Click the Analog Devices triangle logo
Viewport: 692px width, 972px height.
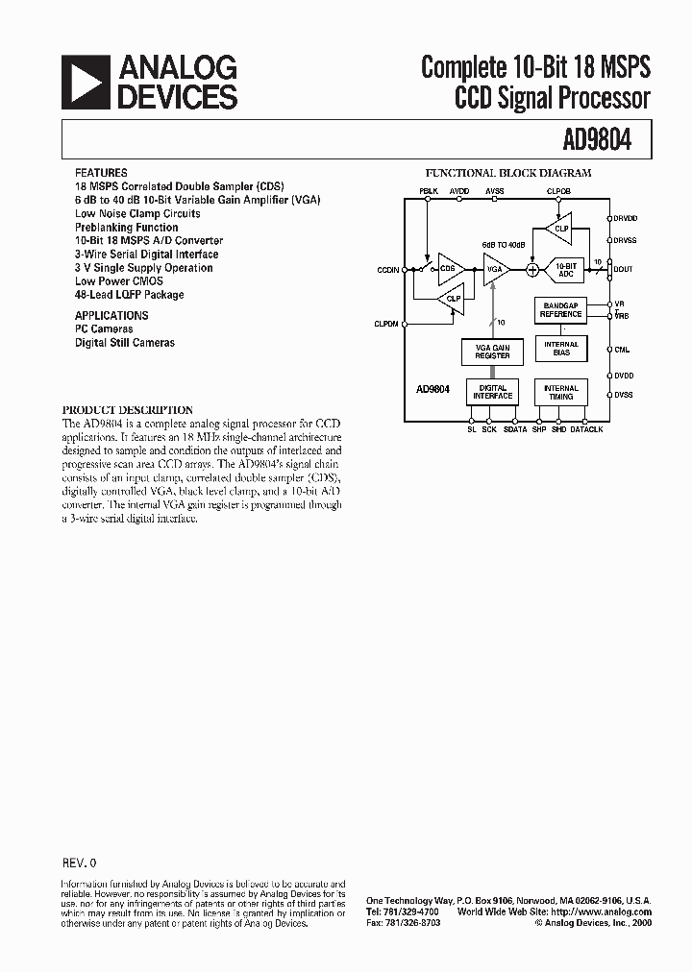86,81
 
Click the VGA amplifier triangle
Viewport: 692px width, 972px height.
495,269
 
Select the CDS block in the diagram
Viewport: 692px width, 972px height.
449,269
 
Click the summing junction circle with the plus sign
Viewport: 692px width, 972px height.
531,270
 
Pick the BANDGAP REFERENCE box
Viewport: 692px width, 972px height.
561,310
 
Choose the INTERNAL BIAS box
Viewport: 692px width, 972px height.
561,348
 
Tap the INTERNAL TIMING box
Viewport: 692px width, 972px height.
561,392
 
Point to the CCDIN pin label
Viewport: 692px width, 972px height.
388,270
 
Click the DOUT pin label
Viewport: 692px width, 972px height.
624,270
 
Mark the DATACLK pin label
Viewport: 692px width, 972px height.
586,429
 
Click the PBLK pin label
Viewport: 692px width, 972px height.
428,191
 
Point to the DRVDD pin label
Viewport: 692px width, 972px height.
626,218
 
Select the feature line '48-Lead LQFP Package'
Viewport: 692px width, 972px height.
129,295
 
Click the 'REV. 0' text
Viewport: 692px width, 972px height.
79,863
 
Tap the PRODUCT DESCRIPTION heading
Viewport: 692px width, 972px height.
128,410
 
